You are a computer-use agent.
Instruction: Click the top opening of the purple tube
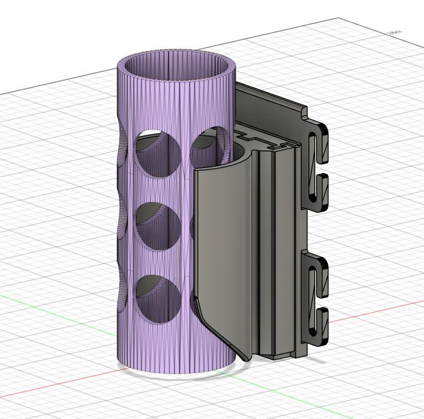click(x=176, y=66)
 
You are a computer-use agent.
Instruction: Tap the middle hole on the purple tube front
click(x=159, y=226)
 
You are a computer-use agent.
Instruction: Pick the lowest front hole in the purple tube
click(x=159, y=300)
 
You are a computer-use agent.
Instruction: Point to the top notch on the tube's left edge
click(x=121, y=152)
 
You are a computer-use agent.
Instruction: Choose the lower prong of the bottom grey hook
click(x=322, y=319)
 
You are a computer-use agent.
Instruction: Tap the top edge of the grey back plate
click(x=272, y=99)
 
